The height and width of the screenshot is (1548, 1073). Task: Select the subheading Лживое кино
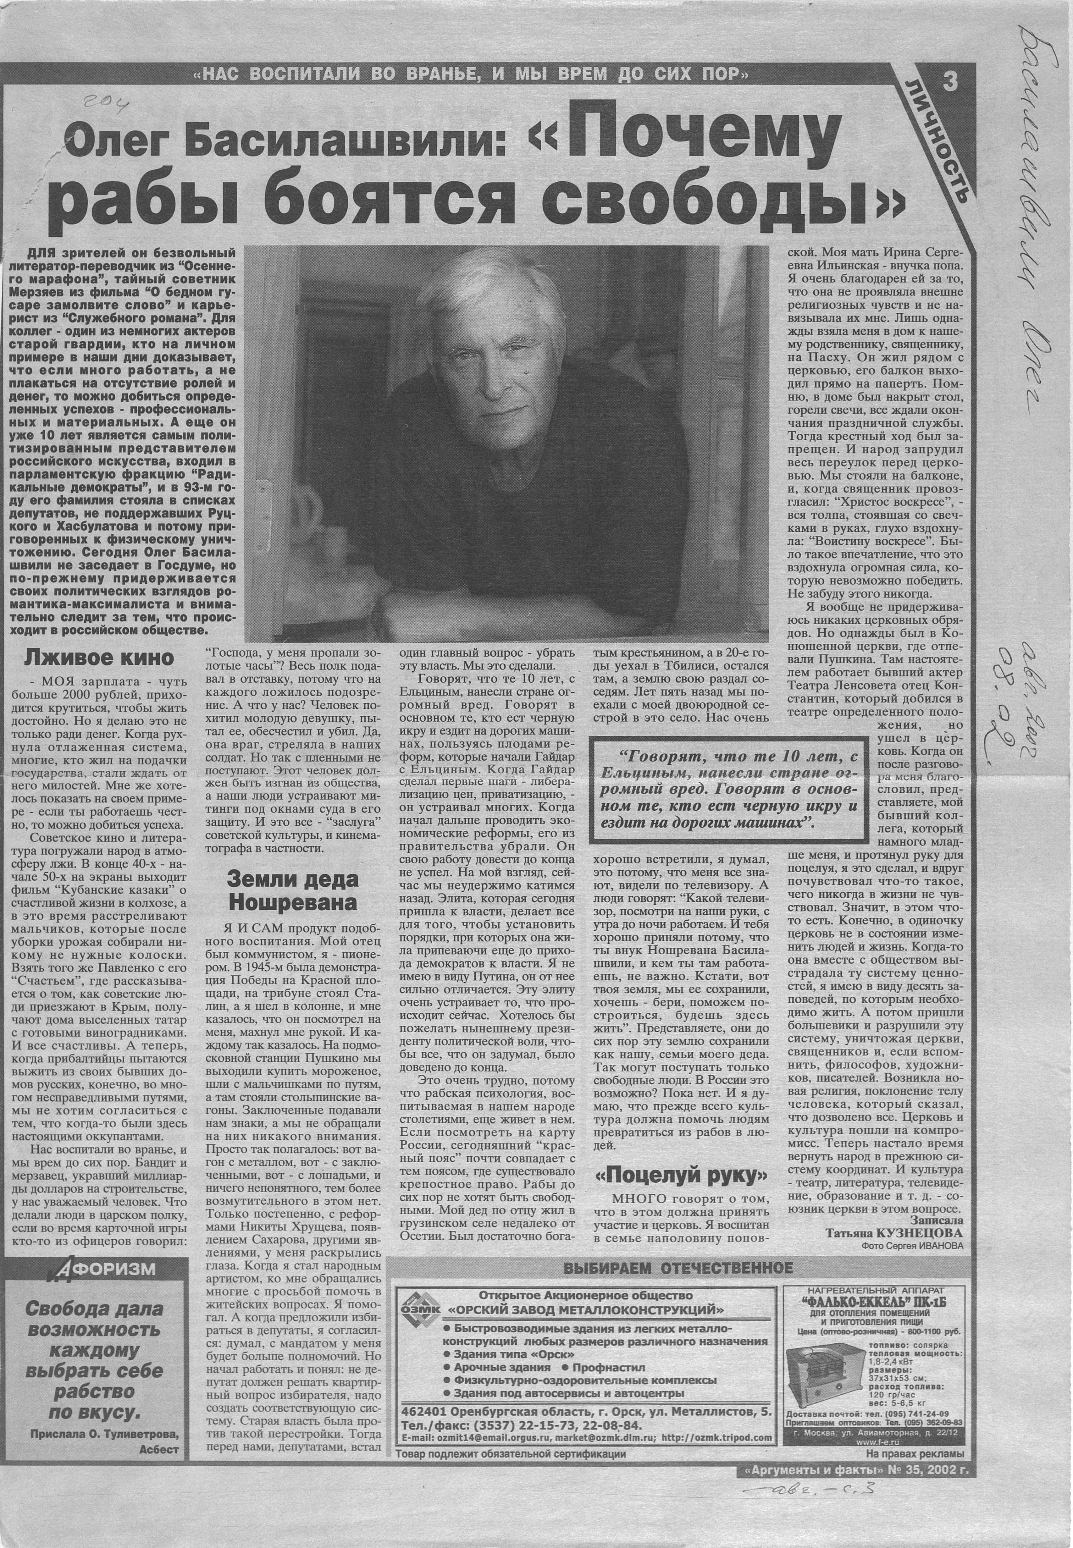(98, 657)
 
